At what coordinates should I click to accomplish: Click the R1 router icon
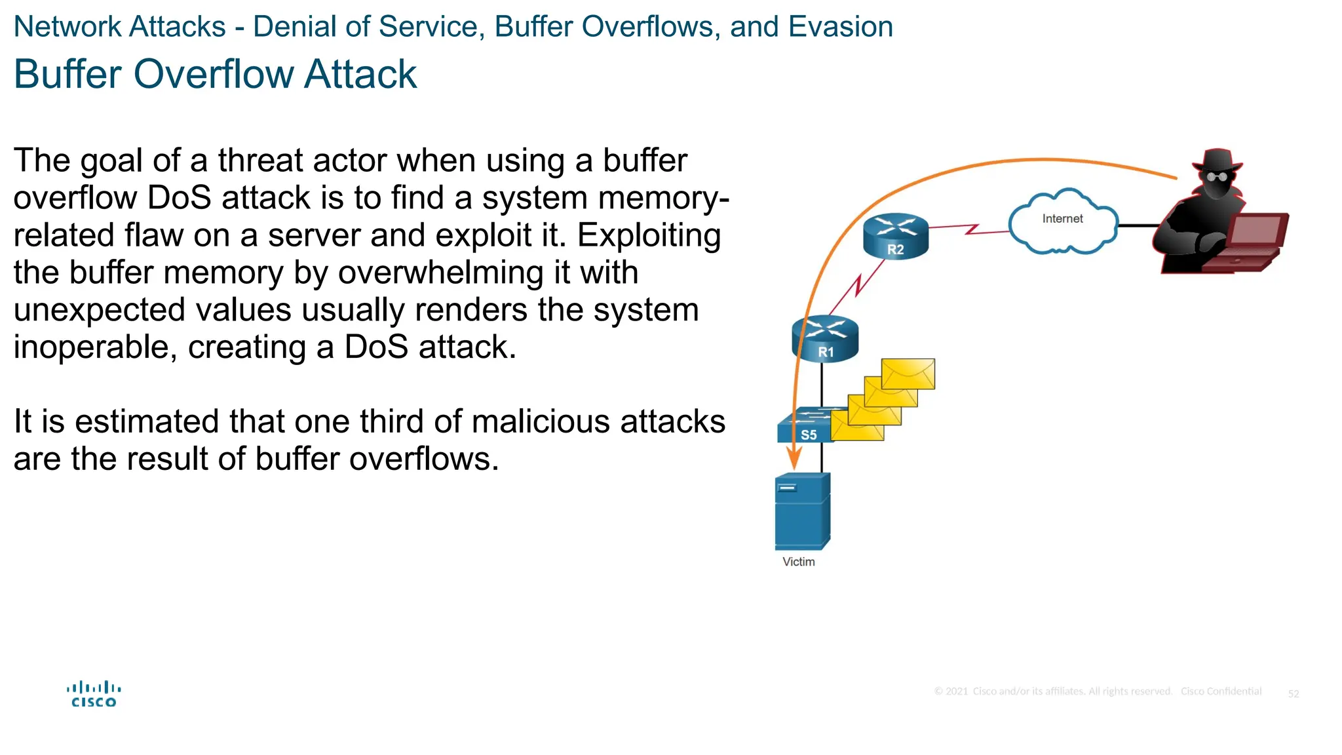tap(825, 338)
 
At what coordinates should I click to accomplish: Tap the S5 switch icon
tap(805, 427)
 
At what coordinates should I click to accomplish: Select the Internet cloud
tap(1062, 222)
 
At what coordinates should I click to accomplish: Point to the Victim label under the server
tap(798, 562)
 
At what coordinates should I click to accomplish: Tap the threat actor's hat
tap(1217, 160)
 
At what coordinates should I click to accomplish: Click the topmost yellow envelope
tap(908, 374)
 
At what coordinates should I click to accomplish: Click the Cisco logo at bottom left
tap(94, 695)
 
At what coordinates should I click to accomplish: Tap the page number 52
tap(1293, 693)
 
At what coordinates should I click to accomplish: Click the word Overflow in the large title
tap(215, 74)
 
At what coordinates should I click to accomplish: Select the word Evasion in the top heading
tap(840, 27)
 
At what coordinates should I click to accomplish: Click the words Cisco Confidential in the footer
tap(1220, 691)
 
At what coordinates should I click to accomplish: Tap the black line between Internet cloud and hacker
tap(1138, 225)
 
